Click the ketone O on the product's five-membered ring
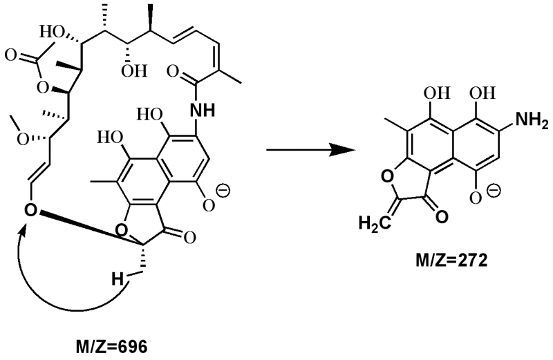pos(440,215)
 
